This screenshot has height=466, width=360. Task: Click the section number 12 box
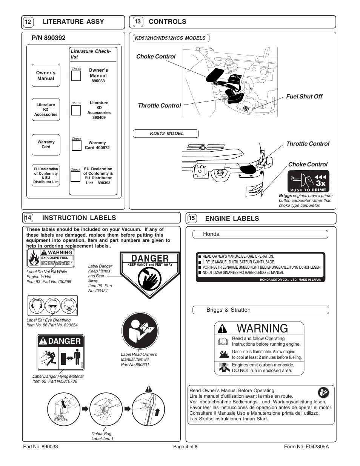pos(28,22)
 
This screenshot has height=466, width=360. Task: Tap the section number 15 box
pos(192,218)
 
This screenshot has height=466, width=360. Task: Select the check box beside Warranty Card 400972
pos(76,145)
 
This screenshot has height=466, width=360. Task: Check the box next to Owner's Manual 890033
pos(76,75)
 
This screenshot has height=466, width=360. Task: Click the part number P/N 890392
pos(49,38)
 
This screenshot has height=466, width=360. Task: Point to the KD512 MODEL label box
pos(166,134)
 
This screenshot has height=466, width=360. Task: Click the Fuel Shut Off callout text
pos(304,97)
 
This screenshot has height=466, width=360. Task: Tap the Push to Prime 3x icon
pos(309,181)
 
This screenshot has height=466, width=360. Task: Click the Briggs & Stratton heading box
pos(260,310)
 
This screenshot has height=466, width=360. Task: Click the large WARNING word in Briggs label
pos(262,328)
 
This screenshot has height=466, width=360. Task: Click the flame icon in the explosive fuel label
pos(34,258)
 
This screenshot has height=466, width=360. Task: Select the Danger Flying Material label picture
pos(61,354)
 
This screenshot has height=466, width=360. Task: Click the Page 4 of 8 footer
pos(185,447)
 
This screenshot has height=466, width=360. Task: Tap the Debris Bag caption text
pos(102,436)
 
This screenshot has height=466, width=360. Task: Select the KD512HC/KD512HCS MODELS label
pos(171,38)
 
